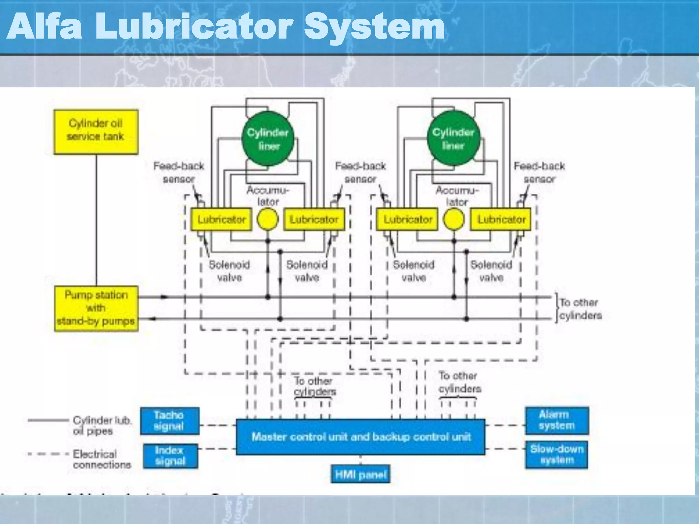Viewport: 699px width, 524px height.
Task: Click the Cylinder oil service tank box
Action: coord(96,131)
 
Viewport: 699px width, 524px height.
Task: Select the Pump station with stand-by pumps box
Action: coord(96,308)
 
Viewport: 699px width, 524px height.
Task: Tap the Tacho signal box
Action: coord(170,421)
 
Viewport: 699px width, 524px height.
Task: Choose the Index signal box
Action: coord(170,456)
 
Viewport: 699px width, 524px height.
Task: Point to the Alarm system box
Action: coord(557,420)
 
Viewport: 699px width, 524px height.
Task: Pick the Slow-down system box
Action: coord(557,455)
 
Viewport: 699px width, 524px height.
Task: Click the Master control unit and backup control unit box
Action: coord(360,437)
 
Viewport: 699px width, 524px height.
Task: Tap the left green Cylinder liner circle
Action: coord(268,139)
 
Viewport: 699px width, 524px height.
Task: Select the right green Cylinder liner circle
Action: coord(453,139)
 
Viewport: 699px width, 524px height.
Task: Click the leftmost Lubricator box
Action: coord(221,219)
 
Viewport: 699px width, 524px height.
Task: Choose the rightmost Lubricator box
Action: coord(501,219)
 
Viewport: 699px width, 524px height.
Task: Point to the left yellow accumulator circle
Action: coord(267,219)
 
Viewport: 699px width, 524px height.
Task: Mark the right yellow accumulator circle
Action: coord(454,219)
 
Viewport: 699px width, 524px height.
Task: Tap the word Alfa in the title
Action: coord(44,27)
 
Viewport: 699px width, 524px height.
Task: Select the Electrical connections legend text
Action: coord(102,459)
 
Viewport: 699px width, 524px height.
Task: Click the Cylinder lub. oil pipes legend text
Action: coord(102,425)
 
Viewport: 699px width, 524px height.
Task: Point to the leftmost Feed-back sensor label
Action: coord(179,172)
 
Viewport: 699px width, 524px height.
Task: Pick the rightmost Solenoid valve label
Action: coord(491,271)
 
